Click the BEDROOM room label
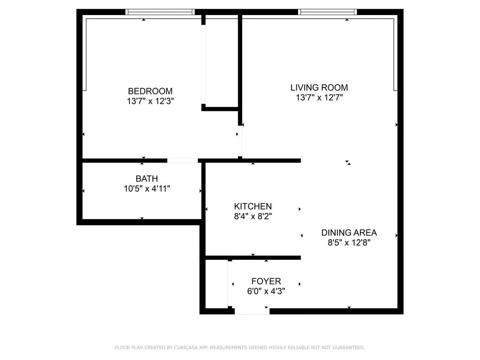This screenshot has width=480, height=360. coord(150,91)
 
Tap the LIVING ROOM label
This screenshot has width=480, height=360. coord(319,87)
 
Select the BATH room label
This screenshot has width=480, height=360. coord(147,178)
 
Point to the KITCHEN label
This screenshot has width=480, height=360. coord(253,206)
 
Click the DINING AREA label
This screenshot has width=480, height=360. coord(349,232)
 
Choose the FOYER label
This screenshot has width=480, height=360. coord(266,281)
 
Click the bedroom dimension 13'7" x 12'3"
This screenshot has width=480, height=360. coord(150,101)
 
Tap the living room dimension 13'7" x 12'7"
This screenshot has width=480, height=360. coord(319,97)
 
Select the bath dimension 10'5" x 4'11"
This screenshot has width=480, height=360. coord(147,188)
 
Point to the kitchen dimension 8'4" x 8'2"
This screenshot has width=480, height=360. coord(253,216)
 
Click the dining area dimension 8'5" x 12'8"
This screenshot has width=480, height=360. coord(349,242)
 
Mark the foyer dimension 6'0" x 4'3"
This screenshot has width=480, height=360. coord(266,291)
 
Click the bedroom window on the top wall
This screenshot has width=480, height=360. coord(160,12)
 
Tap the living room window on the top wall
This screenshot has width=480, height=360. coord(327,12)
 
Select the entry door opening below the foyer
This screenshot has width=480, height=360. coord(252,311)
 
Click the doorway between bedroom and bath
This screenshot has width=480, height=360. coord(183,160)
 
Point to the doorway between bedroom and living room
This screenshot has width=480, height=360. coord(240,141)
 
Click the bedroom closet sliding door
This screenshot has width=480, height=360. coord(203,64)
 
